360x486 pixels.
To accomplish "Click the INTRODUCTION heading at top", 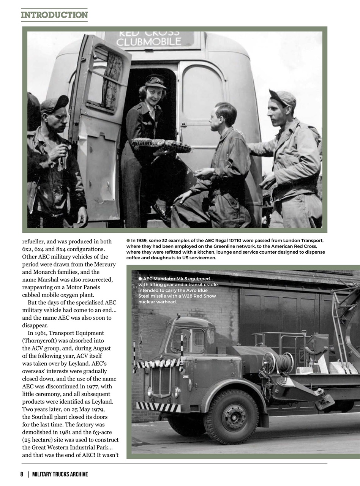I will click(54, 15).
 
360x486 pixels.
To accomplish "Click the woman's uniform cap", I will click(155, 81).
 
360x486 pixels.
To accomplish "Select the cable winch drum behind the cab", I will click(281, 363).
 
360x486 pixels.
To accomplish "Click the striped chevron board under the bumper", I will click(158, 407).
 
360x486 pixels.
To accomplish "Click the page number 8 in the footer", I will click(22, 474).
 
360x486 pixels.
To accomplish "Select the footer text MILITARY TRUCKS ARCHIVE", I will click(60, 474).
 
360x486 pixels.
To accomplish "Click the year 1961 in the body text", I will click(46, 333).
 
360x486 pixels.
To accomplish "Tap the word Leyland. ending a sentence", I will click(103, 401).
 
